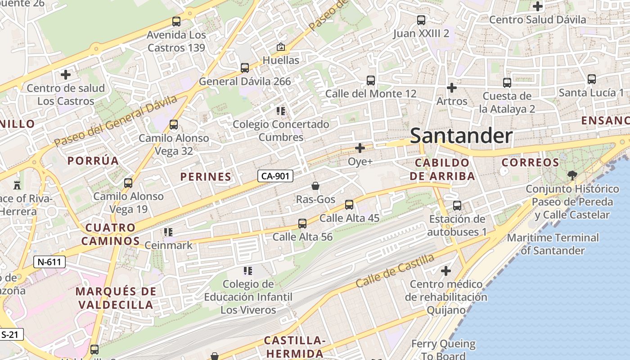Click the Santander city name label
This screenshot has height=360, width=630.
pyautogui.click(x=461, y=135)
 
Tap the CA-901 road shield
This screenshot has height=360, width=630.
pyautogui.click(x=275, y=176)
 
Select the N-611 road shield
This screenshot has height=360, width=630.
pyautogui.click(x=49, y=262)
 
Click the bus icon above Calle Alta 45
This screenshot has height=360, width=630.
pyautogui.click(x=349, y=205)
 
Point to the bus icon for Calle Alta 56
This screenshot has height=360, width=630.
pyautogui.click(x=302, y=223)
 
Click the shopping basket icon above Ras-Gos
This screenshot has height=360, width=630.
pyautogui.click(x=315, y=186)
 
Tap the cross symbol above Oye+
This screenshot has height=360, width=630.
pyautogui.click(x=360, y=148)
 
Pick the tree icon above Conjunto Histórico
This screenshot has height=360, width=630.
pyautogui.click(x=572, y=175)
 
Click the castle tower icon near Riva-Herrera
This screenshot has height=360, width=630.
pyautogui.click(x=17, y=184)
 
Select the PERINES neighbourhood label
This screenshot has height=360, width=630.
pyautogui.click(x=206, y=177)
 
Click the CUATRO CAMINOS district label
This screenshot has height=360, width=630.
pyautogui.click(x=111, y=234)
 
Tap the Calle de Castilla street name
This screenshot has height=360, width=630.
pyautogui.click(x=395, y=270)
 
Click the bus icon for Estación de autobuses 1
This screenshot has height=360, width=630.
pyautogui.click(x=457, y=205)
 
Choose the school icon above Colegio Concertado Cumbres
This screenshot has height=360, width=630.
pyautogui.click(x=281, y=111)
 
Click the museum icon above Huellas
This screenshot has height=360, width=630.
pyautogui.click(x=281, y=46)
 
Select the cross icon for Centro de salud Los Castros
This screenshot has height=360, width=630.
pyautogui.click(x=66, y=74)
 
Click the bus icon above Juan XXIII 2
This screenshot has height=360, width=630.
pyautogui.click(x=421, y=20)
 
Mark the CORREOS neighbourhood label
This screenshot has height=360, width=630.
pyautogui.click(x=530, y=162)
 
